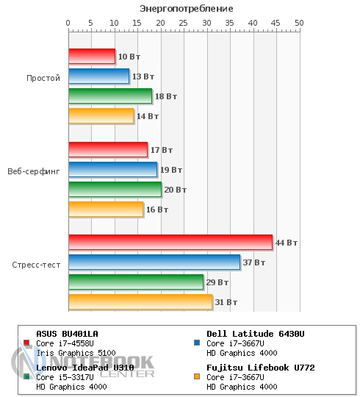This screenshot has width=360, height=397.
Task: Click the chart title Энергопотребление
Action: click(186, 9)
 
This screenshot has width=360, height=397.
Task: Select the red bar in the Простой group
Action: click(92, 56)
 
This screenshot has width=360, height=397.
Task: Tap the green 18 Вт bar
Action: click(110, 96)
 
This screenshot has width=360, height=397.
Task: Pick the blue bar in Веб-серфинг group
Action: click(113, 170)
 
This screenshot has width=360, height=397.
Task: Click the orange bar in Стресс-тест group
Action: click(140, 302)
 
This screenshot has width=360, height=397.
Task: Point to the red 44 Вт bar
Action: click(170, 243)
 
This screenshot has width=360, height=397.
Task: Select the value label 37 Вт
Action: click(254, 262)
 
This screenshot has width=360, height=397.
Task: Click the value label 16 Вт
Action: click(157, 210)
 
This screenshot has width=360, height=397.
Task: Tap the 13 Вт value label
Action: click(143, 76)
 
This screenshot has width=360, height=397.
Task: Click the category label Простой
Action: click(43, 78)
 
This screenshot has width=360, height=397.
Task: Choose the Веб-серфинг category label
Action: click(34, 171)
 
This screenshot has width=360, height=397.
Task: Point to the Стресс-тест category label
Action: click(36, 265)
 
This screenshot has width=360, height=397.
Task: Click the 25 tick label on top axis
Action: click(184, 23)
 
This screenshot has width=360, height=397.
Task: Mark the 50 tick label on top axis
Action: click(299, 23)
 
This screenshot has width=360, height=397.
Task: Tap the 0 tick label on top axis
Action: click(68, 23)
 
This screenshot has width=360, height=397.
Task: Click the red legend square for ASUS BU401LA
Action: click(26, 343)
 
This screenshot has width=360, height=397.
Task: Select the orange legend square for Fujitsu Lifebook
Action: click(197, 376)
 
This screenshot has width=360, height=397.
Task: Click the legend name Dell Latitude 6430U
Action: click(256, 334)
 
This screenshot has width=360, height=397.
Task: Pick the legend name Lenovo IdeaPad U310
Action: click(85, 368)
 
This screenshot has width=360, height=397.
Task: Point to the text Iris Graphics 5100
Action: click(76, 353)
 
